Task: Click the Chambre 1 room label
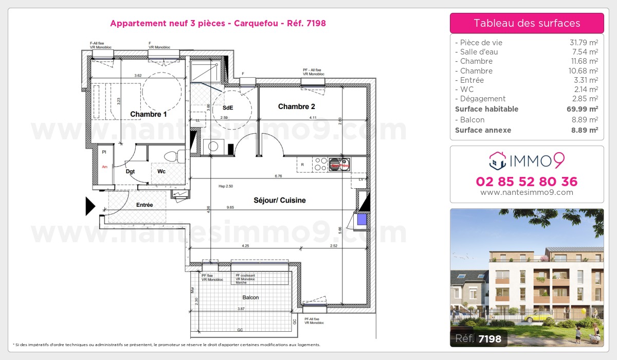point(148,115)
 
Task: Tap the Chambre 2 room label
point(296,107)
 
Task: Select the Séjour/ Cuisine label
point(280,200)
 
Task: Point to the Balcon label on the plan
point(251,298)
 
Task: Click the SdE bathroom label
point(227,108)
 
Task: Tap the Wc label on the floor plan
point(161,171)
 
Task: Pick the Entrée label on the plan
point(144,205)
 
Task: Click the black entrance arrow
point(90,206)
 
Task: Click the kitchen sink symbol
point(339,164)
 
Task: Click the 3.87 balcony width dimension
point(241,309)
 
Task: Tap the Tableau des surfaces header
point(527,23)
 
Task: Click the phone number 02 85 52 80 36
point(527,182)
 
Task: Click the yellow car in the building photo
point(538,316)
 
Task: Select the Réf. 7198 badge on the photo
point(479,338)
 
